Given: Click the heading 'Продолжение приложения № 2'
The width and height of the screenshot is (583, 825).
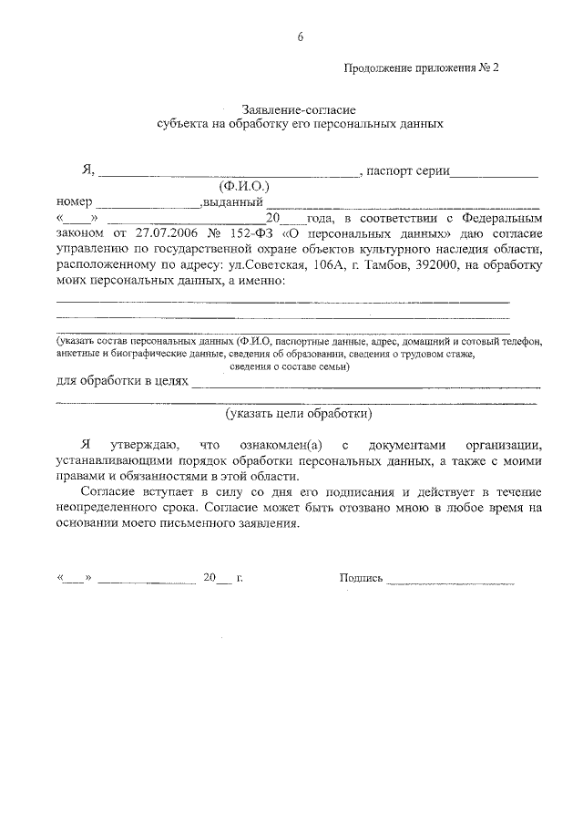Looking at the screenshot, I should click(x=422, y=67).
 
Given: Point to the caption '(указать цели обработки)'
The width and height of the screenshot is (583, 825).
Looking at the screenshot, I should click(x=299, y=413).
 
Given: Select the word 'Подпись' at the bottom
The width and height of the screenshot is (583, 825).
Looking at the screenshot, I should click(x=361, y=578).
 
